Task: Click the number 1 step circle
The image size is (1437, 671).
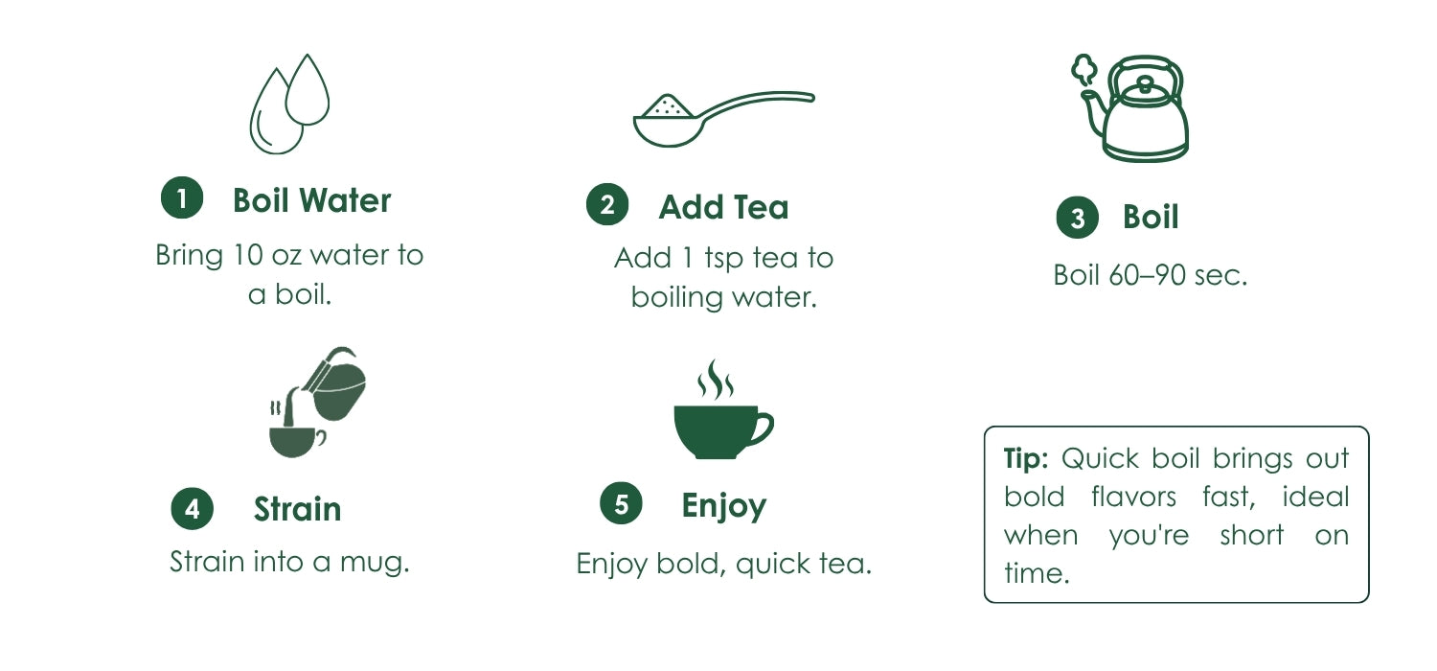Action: tap(182, 197)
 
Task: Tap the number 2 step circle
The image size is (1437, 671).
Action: tap(607, 205)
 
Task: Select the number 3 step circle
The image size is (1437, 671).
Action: tap(1078, 218)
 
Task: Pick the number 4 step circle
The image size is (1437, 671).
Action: tap(193, 509)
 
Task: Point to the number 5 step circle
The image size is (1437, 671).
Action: tap(621, 503)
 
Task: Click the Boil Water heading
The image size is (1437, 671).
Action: tap(311, 200)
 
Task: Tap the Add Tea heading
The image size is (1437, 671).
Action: tap(723, 207)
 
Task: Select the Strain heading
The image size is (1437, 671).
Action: tap(298, 509)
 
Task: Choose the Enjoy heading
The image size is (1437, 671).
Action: tap(723, 506)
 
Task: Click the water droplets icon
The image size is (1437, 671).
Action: tap(289, 104)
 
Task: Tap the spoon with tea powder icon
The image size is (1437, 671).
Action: tap(723, 119)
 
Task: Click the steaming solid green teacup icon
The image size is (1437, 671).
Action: tap(723, 409)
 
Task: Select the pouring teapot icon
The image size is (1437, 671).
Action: tap(317, 402)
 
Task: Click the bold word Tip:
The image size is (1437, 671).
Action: tap(1026, 458)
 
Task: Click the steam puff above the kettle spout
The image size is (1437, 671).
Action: tap(1084, 69)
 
